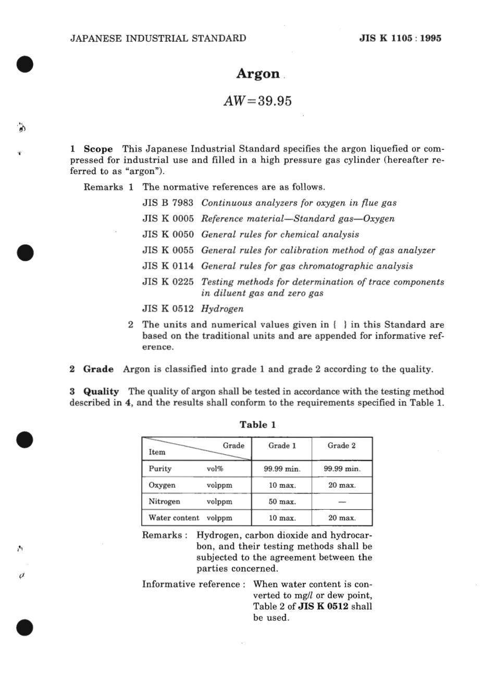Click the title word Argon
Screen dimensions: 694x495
point(258,74)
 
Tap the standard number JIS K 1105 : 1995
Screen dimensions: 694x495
point(400,38)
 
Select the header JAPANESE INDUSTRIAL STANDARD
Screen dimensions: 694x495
point(158,38)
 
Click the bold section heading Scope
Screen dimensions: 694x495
point(98,149)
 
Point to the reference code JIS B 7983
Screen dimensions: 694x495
point(168,203)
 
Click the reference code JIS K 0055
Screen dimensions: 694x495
point(168,250)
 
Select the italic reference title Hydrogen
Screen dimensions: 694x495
point(222,309)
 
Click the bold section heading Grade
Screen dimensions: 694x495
point(98,369)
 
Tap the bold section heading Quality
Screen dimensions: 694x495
point(101,392)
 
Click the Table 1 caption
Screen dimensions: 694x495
point(257,424)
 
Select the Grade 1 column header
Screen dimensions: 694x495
point(282,446)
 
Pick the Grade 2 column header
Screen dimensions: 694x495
point(341,446)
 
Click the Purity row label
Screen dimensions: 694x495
point(160,469)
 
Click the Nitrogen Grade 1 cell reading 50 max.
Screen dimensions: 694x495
point(282,502)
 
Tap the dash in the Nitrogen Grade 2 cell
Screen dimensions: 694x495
point(342,502)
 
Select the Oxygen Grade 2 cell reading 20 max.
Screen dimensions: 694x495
point(342,485)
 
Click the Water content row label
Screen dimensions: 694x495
point(174,518)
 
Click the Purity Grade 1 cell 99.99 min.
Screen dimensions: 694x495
point(282,469)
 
